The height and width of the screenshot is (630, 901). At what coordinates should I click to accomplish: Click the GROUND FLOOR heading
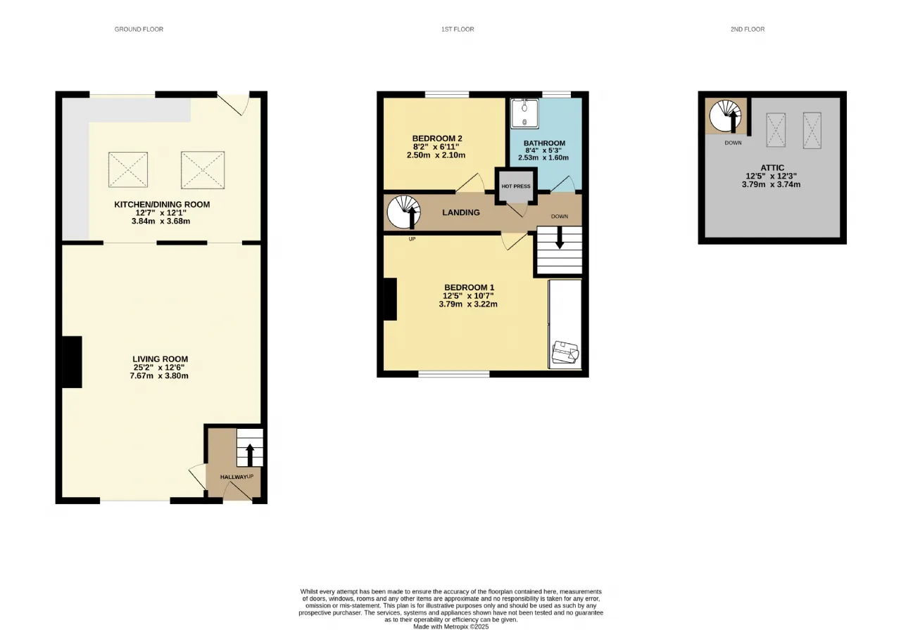pos(139,30)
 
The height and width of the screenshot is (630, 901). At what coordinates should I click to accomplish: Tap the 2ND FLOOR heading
pos(748,30)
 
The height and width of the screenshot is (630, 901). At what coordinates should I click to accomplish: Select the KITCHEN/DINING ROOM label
pos(162,205)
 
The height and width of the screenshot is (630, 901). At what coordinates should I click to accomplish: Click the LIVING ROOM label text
pos(160,359)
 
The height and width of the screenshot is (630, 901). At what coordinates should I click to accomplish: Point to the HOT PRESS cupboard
pos(516,186)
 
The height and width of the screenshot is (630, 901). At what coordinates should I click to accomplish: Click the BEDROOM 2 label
pos(437,139)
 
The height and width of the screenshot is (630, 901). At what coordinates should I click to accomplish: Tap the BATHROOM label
pos(544,143)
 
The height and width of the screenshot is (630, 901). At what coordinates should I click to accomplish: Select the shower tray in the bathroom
pos(524,114)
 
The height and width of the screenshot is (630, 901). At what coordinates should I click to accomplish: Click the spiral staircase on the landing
pos(404,212)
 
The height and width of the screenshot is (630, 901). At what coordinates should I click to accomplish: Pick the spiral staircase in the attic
pos(725,116)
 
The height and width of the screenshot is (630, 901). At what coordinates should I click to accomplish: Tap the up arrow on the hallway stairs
pos(250,455)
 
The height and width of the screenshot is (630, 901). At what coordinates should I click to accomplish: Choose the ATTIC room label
pos(772,168)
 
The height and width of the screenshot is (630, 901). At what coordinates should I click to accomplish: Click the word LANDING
pos(461,212)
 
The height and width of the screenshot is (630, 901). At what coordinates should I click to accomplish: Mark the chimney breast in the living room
pos(72,362)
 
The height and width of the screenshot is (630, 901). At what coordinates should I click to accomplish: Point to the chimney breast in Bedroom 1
pos(390,300)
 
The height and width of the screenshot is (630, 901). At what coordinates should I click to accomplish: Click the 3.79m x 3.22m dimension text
pos(468,304)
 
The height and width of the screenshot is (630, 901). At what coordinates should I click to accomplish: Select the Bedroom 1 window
pos(454,375)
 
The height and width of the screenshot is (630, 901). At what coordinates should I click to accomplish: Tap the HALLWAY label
pos(233,477)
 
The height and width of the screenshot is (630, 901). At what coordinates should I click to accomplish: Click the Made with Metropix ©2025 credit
pos(451,626)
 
